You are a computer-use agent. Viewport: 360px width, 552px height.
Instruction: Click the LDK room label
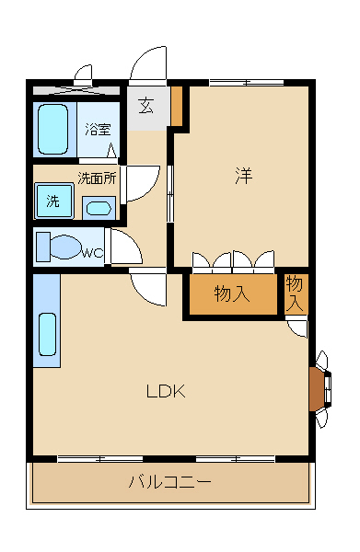pyautogui.click(x=167, y=391)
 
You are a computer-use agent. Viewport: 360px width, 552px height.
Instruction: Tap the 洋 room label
pyautogui.click(x=243, y=176)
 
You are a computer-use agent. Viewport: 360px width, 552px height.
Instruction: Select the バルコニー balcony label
pyautogui.click(x=169, y=481)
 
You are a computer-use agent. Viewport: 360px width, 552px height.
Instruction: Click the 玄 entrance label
pyautogui.click(x=147, y=105)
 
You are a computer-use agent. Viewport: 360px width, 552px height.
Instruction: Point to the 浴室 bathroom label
pyautogui.click(x=98, y=130)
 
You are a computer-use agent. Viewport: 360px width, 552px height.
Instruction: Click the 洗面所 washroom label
pyautogui.click(x=96, y=178)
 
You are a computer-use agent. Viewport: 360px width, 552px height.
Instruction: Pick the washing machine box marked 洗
pyautogui.click(x=52, y=200)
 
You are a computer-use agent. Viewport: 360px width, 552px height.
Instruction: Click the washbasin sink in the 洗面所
pyautogui.click(x=96, y=206)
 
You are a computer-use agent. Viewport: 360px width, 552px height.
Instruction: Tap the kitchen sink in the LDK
pyautogui.click(x=48, y=335)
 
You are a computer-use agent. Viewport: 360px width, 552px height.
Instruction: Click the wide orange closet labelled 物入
pyautogui.click(x=232, y=294)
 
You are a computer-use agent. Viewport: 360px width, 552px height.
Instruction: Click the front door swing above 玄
pyautogui.click(x=147, y=69)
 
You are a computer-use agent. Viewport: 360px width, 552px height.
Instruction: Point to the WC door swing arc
pyautogui.click(x=123, y=247)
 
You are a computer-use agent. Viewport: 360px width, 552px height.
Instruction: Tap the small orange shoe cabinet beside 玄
pyautogui.click(x=177, y=106)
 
